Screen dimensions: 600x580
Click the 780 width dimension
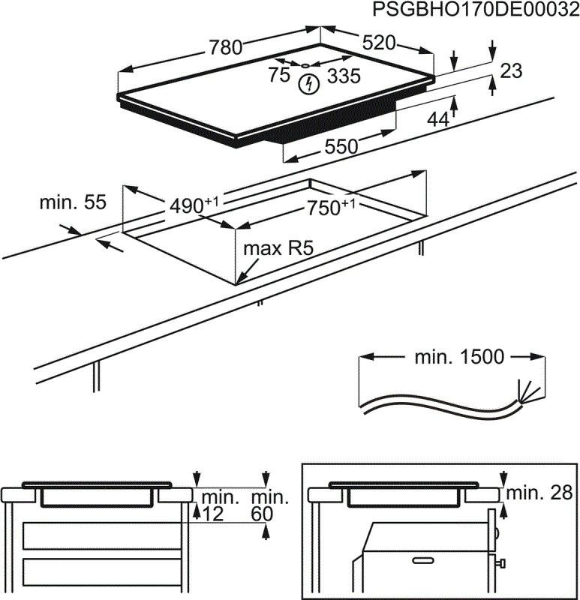(x=225, y=47)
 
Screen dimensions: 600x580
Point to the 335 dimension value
(x=344, y=76)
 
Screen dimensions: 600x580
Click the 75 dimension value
(x=279, y=74)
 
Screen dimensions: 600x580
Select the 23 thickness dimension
(x=510, y=71)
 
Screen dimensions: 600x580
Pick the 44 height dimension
(x=438, y=118)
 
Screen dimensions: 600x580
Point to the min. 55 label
(x=73, y=202)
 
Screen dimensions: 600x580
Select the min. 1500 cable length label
(x=459, y=357)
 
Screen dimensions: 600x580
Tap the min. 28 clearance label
(x=539, y=493)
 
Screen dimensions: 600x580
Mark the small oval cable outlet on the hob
(x=306, y=64)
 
